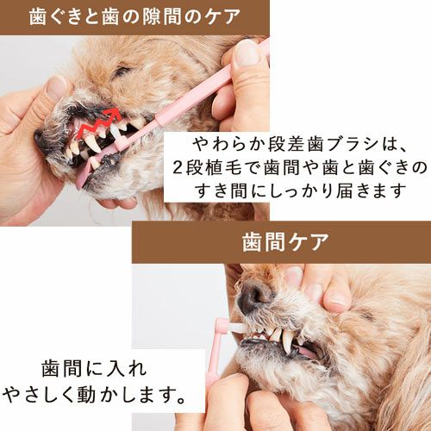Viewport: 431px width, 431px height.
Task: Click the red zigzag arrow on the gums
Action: click(97, 123)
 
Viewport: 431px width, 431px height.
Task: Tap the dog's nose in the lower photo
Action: click(253, 298)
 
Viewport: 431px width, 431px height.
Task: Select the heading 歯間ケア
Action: click(285, 242)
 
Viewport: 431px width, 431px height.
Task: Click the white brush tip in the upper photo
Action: click(115, 133)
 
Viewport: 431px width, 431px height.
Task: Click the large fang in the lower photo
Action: click(287, 342)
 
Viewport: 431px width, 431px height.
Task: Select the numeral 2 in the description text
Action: click(178, 168)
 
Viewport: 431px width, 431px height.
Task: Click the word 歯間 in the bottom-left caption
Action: click(62, 369)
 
